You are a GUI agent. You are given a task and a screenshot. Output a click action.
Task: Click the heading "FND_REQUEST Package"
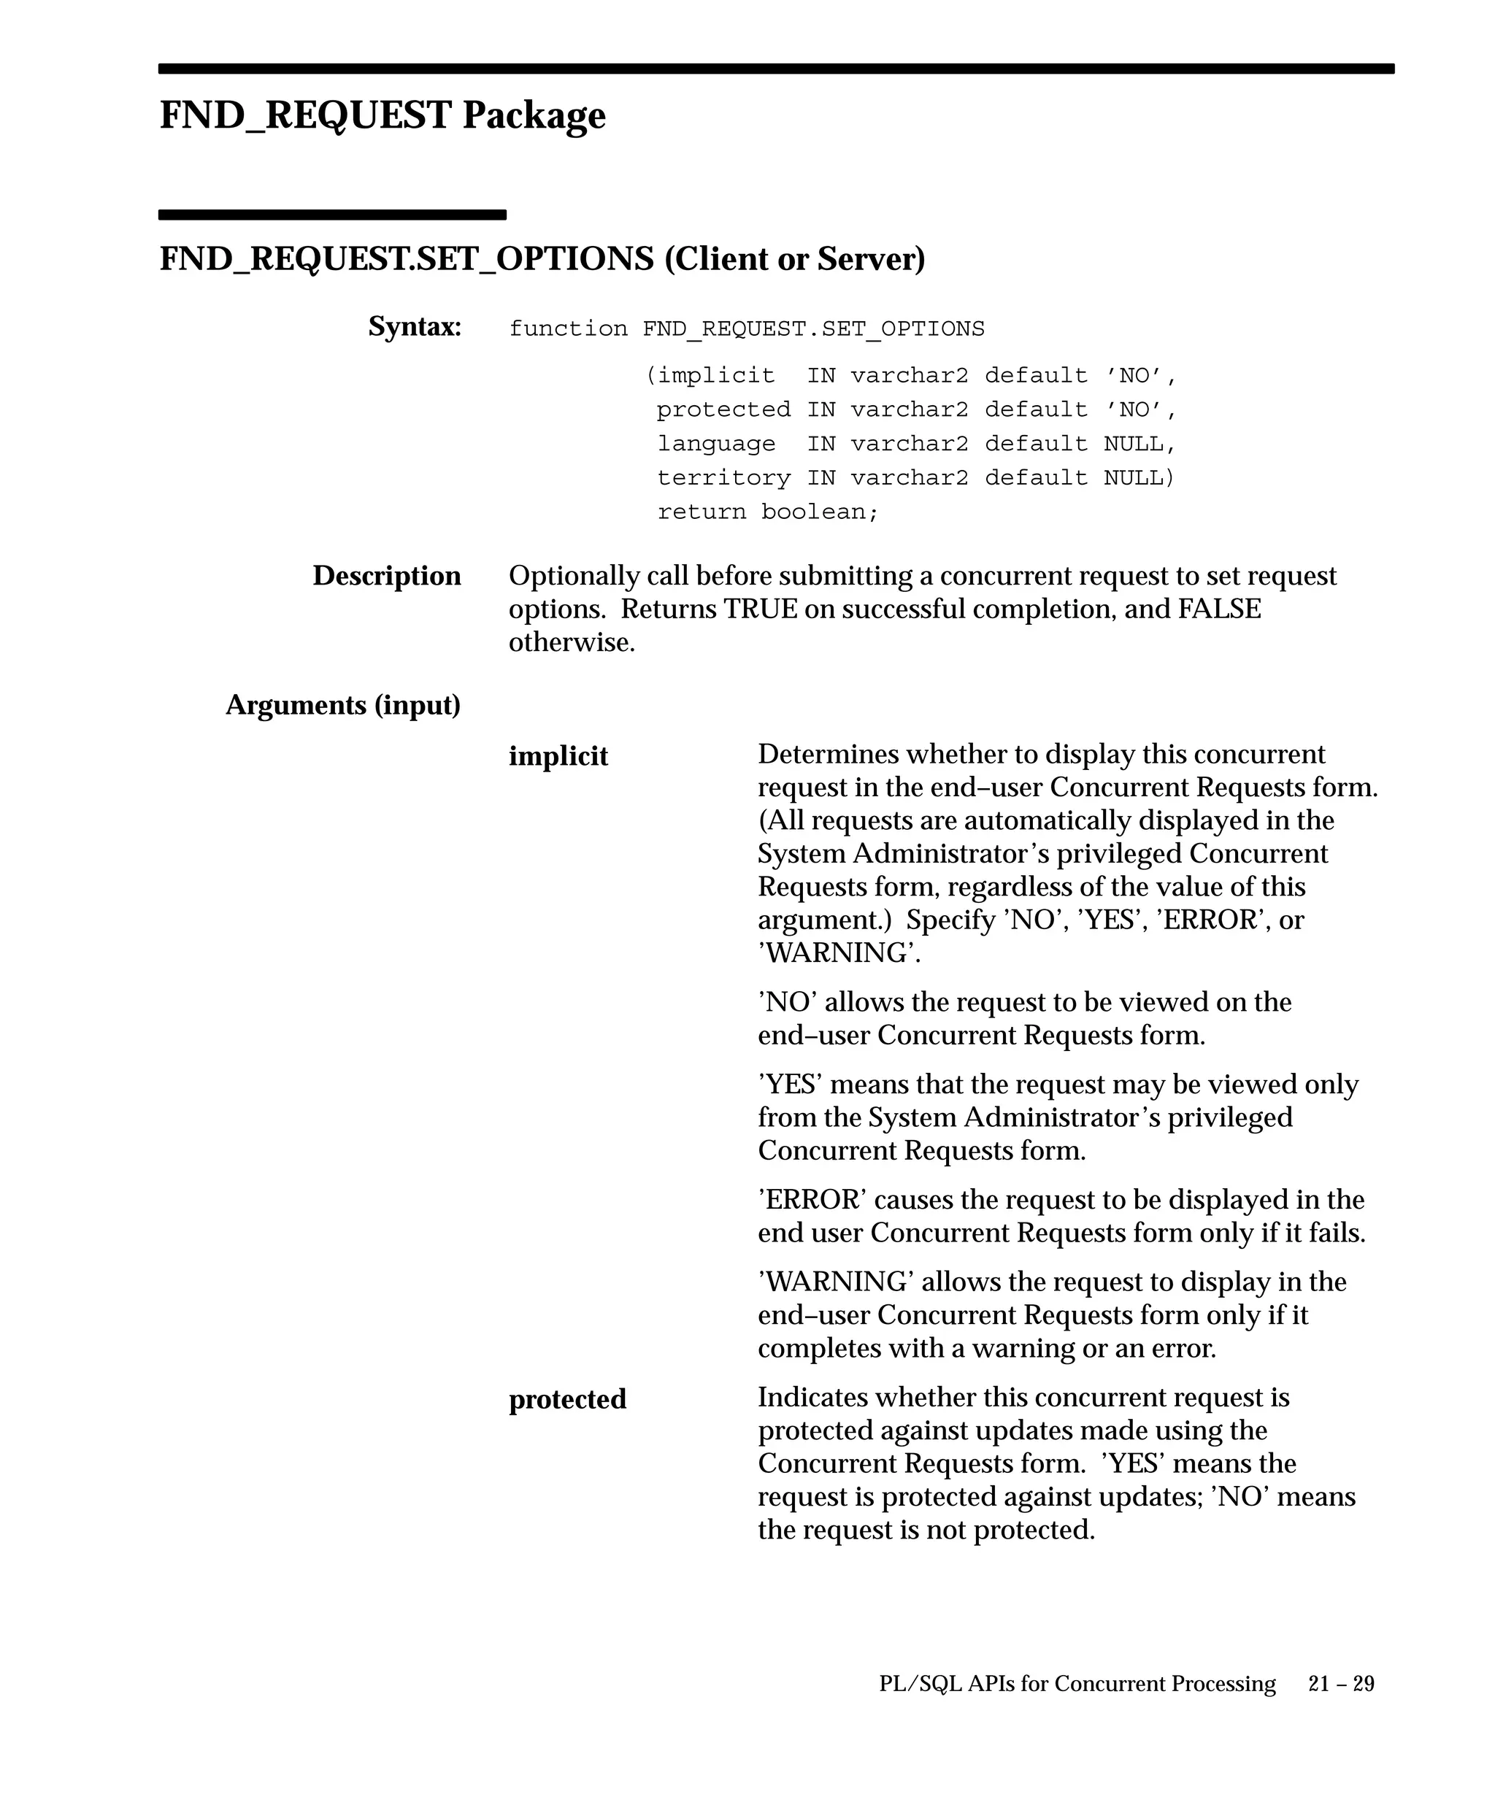coord(382,115)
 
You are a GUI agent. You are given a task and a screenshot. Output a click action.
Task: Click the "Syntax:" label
coord(415,326)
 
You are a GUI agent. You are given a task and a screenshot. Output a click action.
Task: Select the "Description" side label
coord(386,576)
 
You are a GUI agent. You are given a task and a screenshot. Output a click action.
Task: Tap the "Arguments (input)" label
coord(342,705)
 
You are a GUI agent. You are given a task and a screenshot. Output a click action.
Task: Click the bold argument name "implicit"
coord(558,756)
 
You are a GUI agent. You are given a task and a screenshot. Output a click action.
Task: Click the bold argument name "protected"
coord(567,1399)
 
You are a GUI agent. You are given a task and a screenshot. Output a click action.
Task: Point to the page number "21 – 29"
coord(1340,1684)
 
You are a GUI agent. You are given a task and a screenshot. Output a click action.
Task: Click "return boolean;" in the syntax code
coord(767,512)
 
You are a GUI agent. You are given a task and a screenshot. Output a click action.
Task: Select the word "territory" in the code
coord(723,477)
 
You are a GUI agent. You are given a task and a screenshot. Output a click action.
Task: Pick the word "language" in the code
coord(716,443)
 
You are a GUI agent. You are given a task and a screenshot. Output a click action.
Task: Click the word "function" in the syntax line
coord(568,329)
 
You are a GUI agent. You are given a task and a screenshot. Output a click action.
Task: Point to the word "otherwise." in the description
coord(572,642)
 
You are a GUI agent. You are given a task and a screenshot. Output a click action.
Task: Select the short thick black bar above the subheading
coord(332,215)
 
